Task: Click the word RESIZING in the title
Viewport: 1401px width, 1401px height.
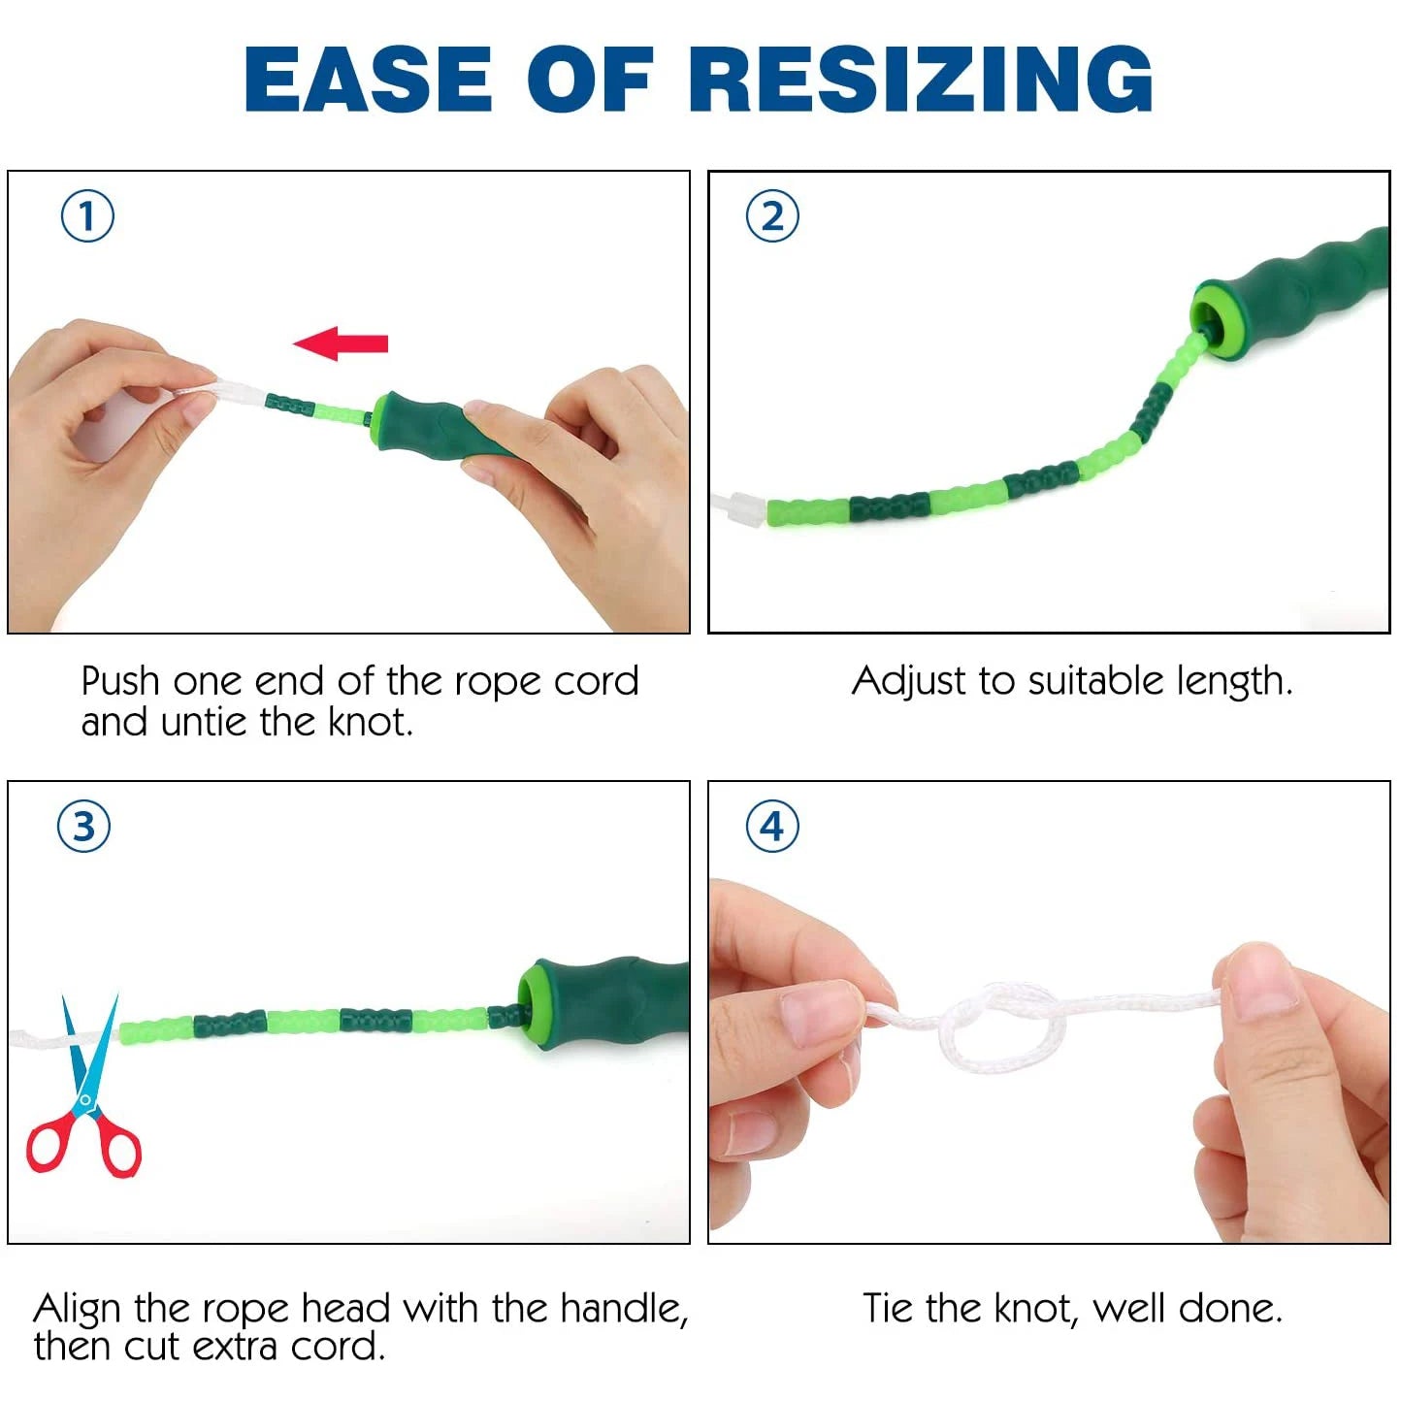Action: [921, 80]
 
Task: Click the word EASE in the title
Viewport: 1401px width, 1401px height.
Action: [368, 80]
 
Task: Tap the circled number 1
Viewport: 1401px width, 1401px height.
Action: [87, 216]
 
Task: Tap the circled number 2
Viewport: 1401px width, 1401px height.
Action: [772, 216]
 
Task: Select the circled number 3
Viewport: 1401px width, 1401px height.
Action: [84, 827]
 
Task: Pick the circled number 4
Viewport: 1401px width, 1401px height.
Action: [772, 827]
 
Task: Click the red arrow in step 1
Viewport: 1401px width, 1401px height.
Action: [341, 343]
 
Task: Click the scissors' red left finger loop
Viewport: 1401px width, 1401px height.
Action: [50, 1146]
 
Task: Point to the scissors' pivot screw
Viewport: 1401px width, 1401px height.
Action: [85, 1100]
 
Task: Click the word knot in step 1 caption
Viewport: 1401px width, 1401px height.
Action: [370, 722]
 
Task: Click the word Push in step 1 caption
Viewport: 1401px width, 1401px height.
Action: [120, 682]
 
